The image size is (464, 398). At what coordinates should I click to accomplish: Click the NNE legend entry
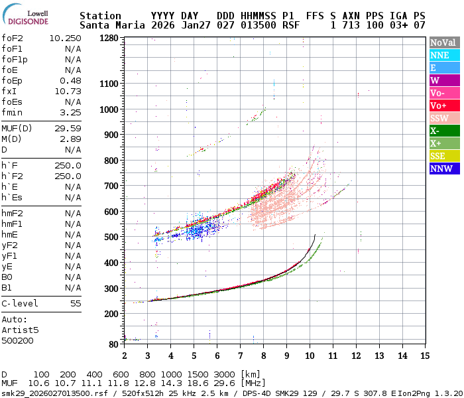[x=444, y=55]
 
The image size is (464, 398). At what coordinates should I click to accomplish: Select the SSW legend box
[x=444, y=118]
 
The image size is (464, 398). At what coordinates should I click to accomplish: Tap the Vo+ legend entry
[x=444, y=105]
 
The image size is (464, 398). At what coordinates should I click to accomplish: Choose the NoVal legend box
[x=444, y=42]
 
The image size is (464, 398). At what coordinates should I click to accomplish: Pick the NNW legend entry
[x=444, y=168]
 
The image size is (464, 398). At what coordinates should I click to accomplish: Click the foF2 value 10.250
[x=65, y=38]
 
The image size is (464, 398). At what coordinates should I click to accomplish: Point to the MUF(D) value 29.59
[x=68, y=129]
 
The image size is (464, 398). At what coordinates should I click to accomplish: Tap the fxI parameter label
[x=9, y=92]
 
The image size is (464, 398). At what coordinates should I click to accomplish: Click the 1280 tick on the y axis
[x=108, y=38]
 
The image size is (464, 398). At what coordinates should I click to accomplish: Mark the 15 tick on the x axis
[x=424, y=355]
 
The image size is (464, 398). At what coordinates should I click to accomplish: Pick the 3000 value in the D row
[x=225, y=374]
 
